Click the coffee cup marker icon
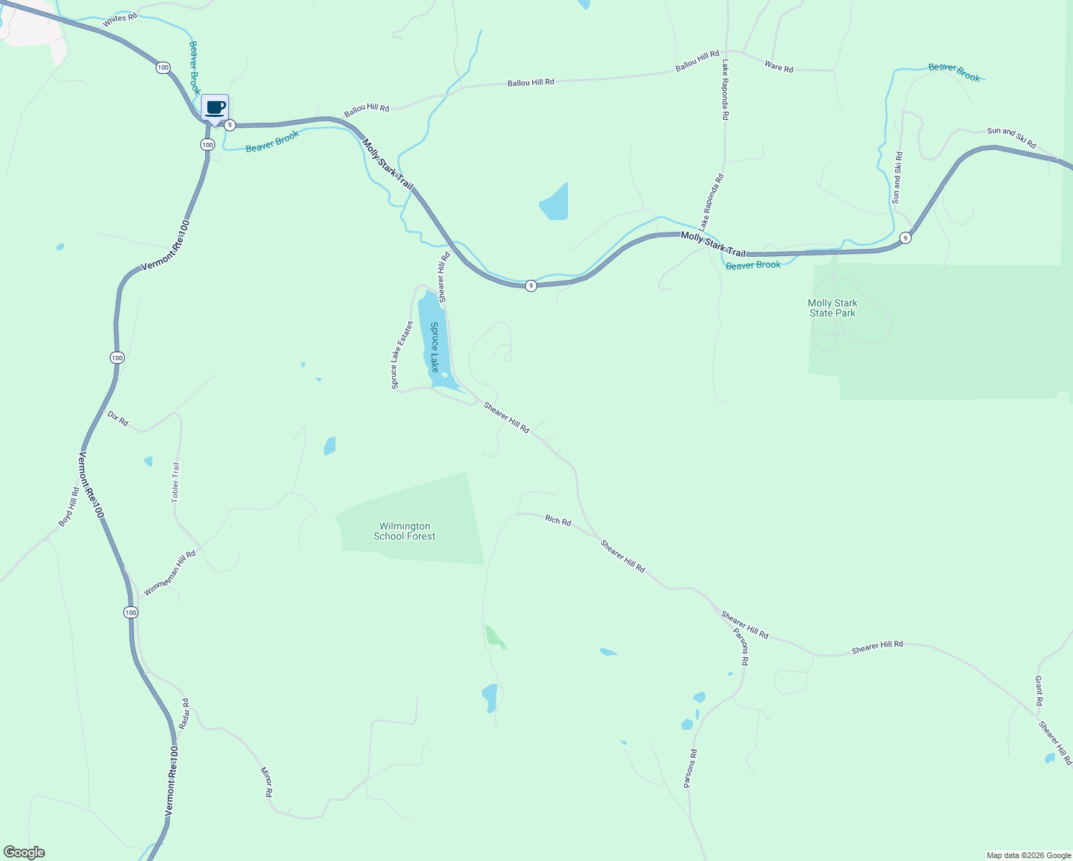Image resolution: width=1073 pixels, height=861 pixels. [x=214, y=108]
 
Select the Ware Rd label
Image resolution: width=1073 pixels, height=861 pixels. [x=778, y=67]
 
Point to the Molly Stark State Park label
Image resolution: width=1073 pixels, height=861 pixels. [x=832, y=308]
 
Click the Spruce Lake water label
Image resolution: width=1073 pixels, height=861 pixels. [x=435, y=347]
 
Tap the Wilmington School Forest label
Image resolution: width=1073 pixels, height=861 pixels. [x=405, y=531]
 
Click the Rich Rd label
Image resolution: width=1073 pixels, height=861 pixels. [x=558, y=520]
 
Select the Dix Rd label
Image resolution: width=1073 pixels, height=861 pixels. [x=118, y=418]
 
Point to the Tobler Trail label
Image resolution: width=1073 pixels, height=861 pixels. [x=176, y=482]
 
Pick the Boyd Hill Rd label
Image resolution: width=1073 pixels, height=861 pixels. [x=69, y=507]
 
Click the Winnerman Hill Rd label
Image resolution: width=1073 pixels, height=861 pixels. [x=170, y=573]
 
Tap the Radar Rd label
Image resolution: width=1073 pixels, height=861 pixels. [x=184, y=714]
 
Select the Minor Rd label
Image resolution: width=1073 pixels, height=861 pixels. [x=267, y=782]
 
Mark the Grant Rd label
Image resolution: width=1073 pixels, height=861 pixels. [x=1039, y=690]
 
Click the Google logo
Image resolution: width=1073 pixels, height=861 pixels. [x=24, y=852]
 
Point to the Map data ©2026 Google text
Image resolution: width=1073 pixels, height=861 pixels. [x=1029, y=855]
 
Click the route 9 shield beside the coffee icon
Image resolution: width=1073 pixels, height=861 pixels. [x=230, y=125]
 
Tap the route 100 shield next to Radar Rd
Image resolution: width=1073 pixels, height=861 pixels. [x=130, y=612]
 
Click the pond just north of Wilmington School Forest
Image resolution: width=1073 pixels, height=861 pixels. [x=330, y=446]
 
